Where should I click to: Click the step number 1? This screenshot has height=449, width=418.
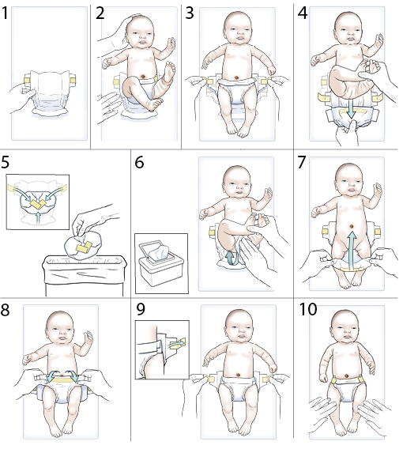click(9, 13)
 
